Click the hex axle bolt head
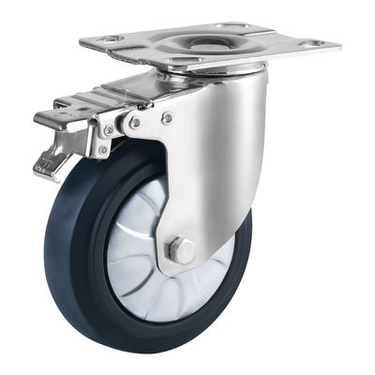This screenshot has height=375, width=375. [181, 251]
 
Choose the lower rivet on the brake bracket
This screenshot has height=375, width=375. [102, 150]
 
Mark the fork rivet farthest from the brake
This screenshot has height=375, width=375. [167, 118]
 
